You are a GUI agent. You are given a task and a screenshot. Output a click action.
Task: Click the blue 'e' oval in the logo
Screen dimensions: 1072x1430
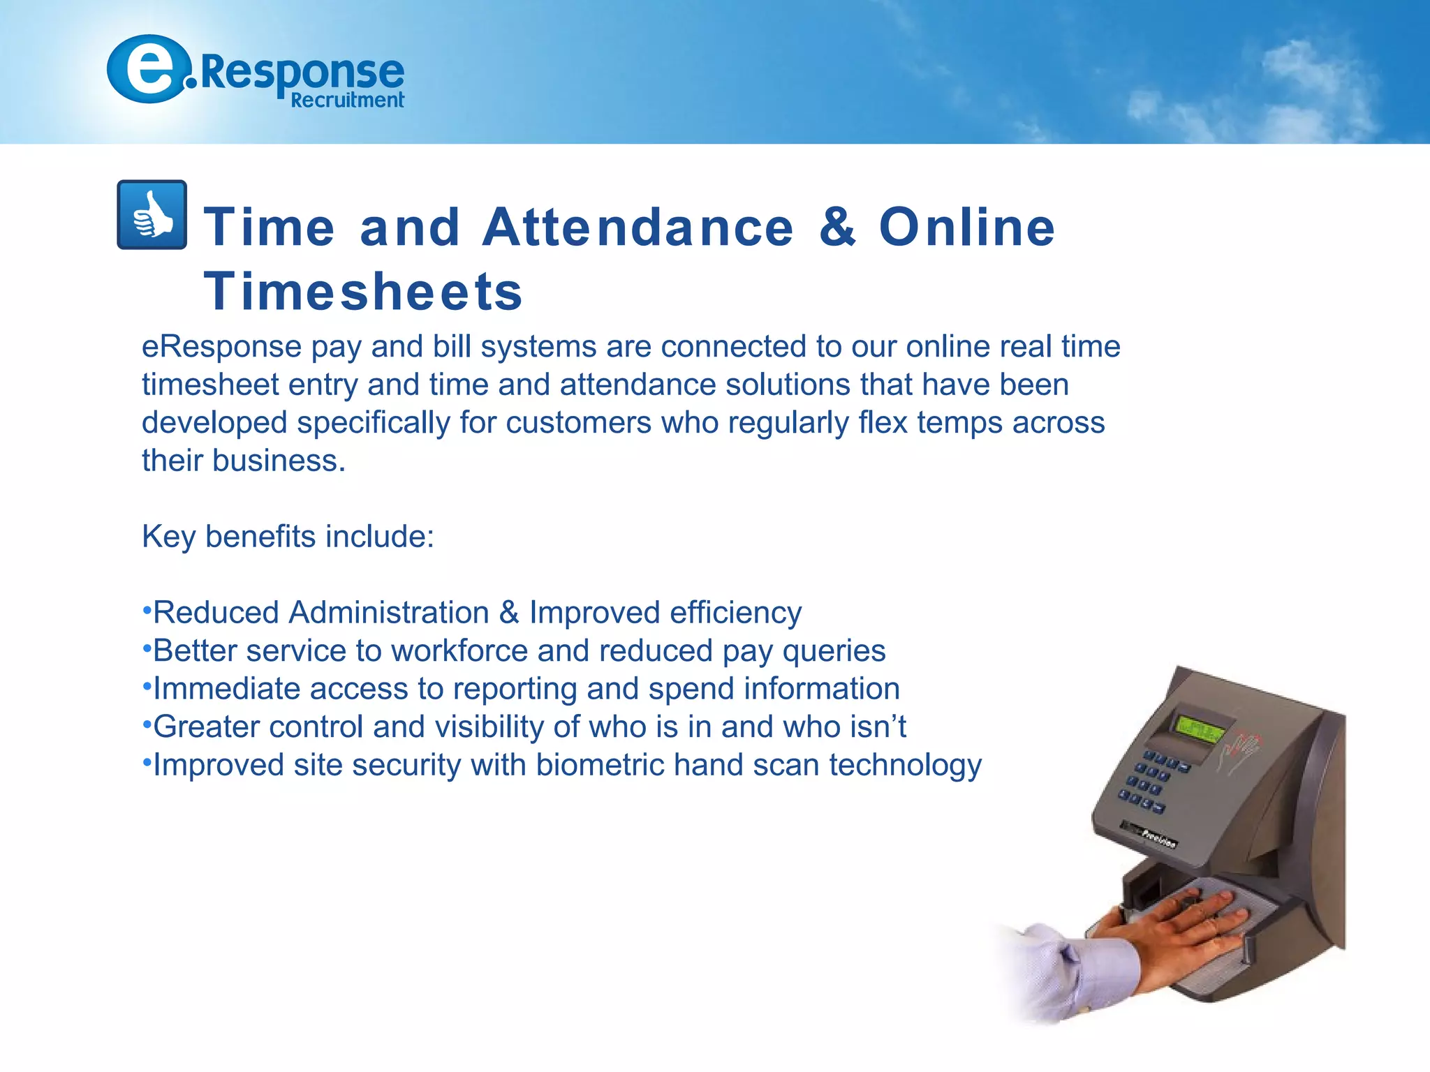coord(148,69)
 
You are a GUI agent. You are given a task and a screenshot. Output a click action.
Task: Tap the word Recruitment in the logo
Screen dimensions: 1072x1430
coord(347,100)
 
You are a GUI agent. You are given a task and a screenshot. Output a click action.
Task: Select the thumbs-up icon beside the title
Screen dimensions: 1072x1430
coord(152,215)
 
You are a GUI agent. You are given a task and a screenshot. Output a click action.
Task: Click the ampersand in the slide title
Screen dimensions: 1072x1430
coord(836,227)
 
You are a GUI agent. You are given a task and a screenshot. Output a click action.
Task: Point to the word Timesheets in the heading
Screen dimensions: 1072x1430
coord(363,291)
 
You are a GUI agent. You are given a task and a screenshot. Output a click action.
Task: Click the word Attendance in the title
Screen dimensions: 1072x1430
coord(637,227)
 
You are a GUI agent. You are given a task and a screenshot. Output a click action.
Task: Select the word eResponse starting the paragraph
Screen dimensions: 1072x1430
coord(221,347)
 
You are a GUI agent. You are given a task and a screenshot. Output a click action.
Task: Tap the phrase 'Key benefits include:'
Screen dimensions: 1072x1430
coord(288,537)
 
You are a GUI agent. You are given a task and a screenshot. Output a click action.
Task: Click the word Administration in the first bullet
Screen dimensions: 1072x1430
coord(389,613)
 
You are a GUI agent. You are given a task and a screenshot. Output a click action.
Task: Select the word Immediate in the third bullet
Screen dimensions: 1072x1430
coord(226,689)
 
